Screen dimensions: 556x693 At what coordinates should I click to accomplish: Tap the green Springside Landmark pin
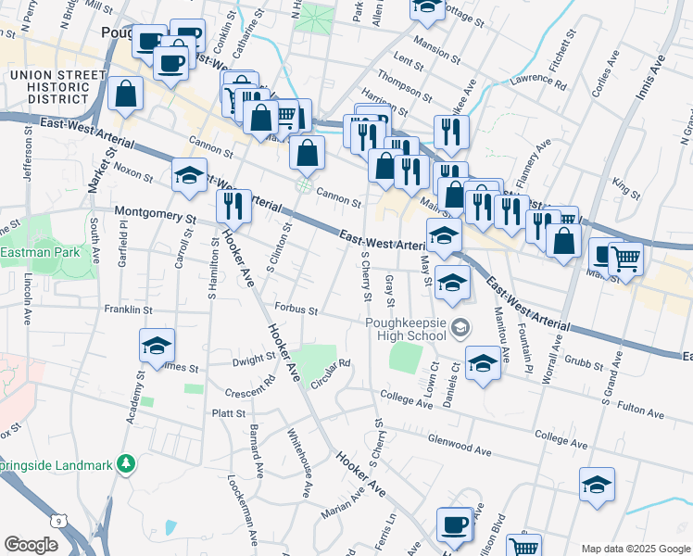coord(127,463)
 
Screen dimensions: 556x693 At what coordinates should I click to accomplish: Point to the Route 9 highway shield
coord(61,524)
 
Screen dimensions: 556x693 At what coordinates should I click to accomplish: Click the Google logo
coord(31,545)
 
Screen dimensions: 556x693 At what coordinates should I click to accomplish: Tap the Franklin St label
coord(127,309)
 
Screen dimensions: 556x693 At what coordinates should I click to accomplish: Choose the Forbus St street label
coord(296,310)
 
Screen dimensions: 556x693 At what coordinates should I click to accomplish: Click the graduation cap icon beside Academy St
coord(157,347)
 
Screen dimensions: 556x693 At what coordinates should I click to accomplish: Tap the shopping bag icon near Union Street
coord(124,94)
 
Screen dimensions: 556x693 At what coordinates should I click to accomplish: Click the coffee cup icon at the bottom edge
coord(453,525)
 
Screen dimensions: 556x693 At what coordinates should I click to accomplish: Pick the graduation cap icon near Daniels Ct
coord(482,364)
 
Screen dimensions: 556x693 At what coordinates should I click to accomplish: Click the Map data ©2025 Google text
coord(636,549)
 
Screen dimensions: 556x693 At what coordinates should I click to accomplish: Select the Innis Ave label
coord(650,78)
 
